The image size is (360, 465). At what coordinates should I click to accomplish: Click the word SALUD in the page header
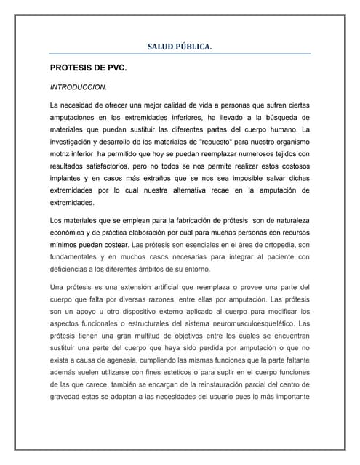click(163, 47)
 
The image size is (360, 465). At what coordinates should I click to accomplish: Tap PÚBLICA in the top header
click(195, 47)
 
